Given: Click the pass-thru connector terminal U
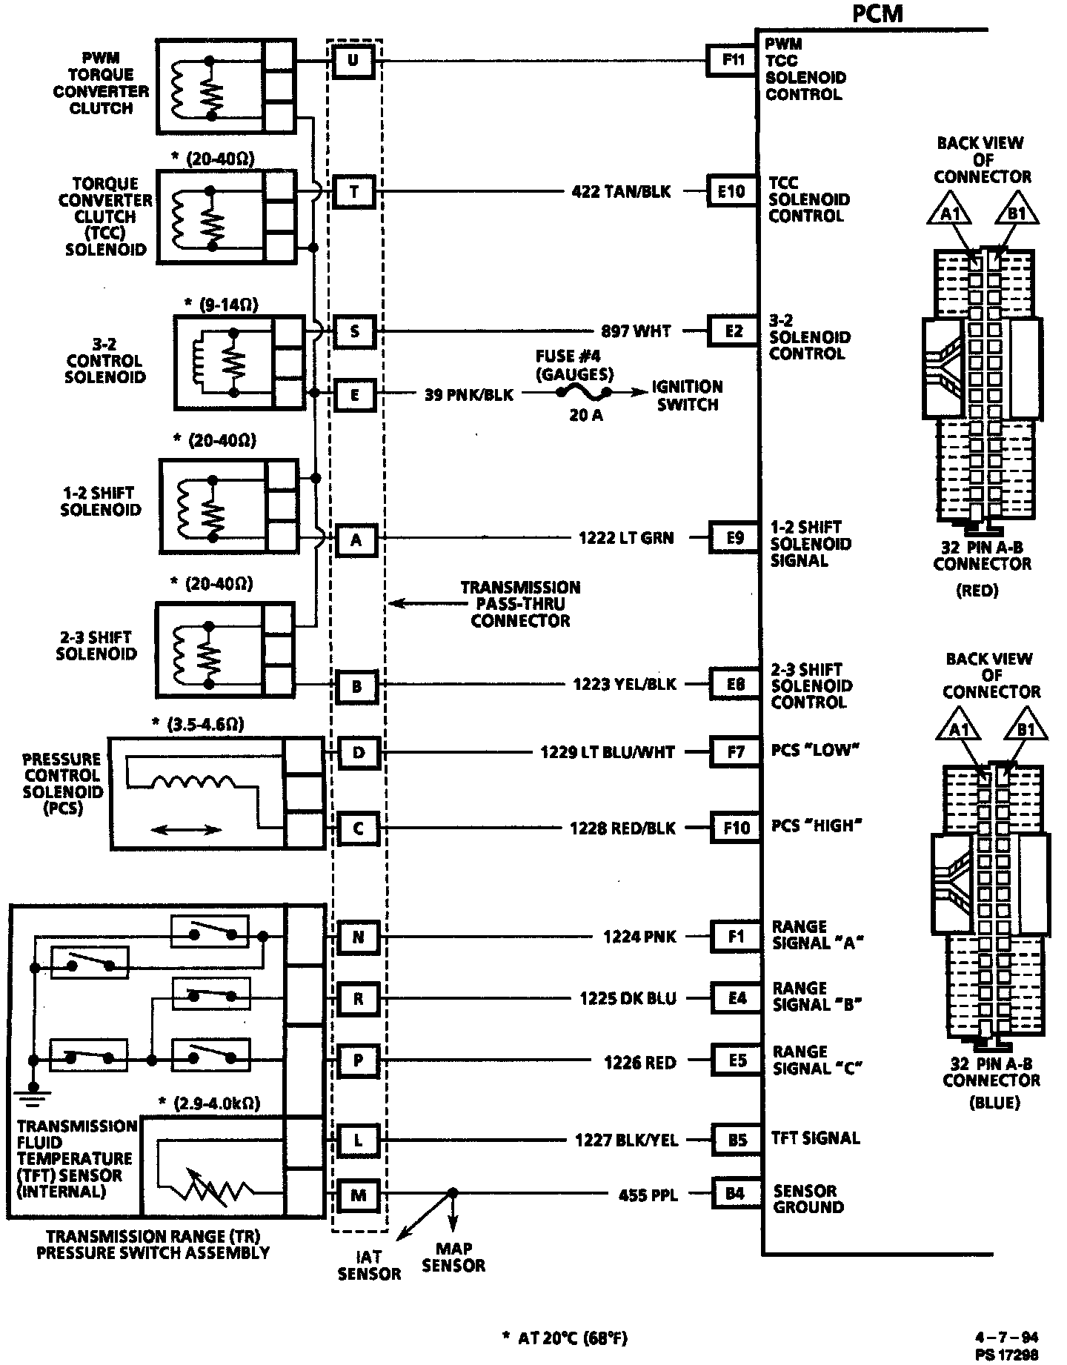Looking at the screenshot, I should pyautogui.click(x=353, y=60).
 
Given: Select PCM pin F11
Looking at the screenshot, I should pyautogui.click(x=733, y=60).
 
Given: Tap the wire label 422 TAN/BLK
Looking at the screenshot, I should pyautogui.click(x=621, y=192).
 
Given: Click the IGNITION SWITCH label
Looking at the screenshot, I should pyautogui.click(x=687, y=396).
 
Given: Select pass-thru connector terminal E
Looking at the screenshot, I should pyautogui.click(x=355, y=395).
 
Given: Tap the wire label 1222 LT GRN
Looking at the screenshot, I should pyautogui.click(x=626, y=538).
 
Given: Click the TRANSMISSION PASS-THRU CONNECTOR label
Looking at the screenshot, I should pyautogui.click(x=520, y=604).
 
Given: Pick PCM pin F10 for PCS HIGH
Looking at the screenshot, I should pyautogui.click(x=737, y=827).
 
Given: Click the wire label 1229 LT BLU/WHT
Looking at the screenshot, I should pyautogui.click(x=608, y=752).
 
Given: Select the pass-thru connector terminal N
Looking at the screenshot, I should pyautogui.click(x=358, y=937).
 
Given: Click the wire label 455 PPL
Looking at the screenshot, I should pyautogui.click(x=648, y=1195).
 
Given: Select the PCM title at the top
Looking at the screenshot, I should pyautogui.click(x=878, y=13).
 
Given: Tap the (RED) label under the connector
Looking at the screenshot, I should pyautogui.click(x=977, y=591).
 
